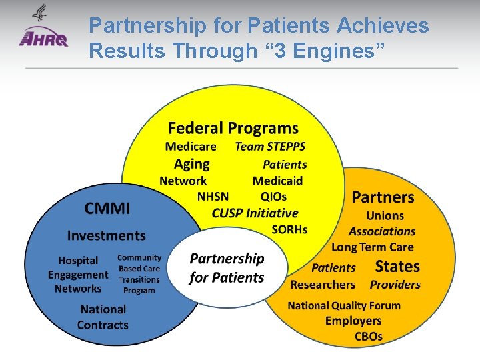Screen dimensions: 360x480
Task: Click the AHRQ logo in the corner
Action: (x=44, y=30)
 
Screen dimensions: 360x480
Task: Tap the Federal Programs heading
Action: (x=233, y=128)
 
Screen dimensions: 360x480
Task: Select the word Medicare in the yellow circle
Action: (x=191, y=147)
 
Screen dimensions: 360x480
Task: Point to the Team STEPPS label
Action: (x=270, y=147)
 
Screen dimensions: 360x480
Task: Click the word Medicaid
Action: (x=277, y=181)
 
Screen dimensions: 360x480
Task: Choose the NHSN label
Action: (x=213, y=197)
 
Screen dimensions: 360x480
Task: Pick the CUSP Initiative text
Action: (x=255, y=213)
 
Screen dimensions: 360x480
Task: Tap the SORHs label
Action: (x=289, y=229)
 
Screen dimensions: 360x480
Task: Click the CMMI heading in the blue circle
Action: (x=107, y=209)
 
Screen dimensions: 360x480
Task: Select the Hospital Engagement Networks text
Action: (x=78, y=275)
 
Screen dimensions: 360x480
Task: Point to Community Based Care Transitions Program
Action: (x=139, y=274)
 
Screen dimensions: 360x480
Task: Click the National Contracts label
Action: (x=103, y=317)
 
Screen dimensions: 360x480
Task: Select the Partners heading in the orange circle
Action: (x=383, y=197)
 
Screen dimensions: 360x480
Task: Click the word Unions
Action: (x=385, y=215)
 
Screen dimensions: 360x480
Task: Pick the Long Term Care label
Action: (x=372, y=247)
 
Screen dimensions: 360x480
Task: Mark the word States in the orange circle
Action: (x=397, y=267)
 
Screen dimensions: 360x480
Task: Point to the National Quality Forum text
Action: (x=344, y=306)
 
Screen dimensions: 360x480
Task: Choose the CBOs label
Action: (x=368, y=337)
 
